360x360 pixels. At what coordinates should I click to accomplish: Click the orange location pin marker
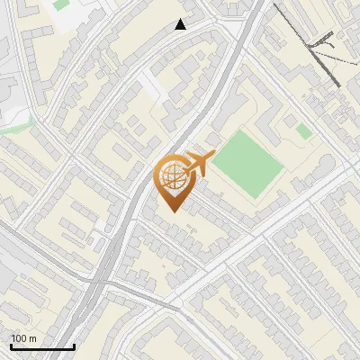pyautogui.click(x=174, y=181)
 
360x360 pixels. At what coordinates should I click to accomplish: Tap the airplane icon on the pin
pyautogui.click(x=199, y=163)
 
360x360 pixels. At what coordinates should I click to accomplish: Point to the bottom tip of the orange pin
pyautogui.click(x=172, y=211)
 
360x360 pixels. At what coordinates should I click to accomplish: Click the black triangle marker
pyautogui.click(x=181, y=24)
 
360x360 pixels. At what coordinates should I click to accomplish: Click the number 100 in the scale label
pyautogui.click(x=20, y=338)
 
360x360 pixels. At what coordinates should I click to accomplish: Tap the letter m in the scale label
pyautogui.click(x=33, y=338)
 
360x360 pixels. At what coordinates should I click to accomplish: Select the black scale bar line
pyautogui.click(x=42, y=347)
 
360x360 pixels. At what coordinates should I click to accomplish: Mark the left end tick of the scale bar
pyautogui.click(x=11, y=346)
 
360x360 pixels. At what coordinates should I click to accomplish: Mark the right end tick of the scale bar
pyautogui.click(x=74, y=346)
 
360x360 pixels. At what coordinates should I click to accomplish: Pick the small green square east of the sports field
pyautogui.click(x=304, y=131)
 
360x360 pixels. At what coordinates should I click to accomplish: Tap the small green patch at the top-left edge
pyautogui.click(x=60, y=4)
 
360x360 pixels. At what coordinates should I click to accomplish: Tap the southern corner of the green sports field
pyautogui.click(x=258, y=199)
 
